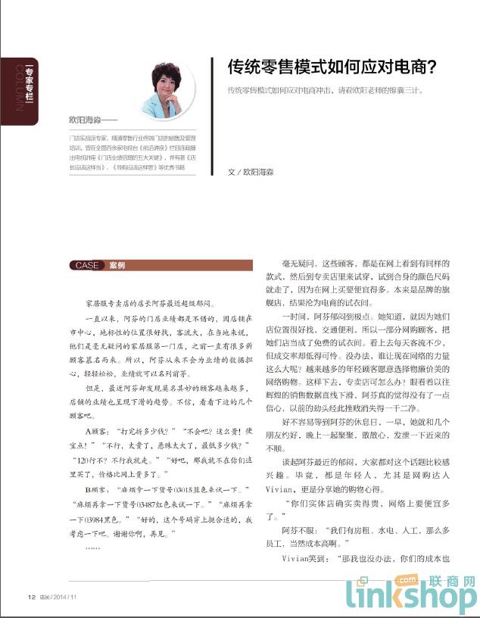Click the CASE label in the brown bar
click(86, 266)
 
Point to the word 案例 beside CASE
click(117, 266)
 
